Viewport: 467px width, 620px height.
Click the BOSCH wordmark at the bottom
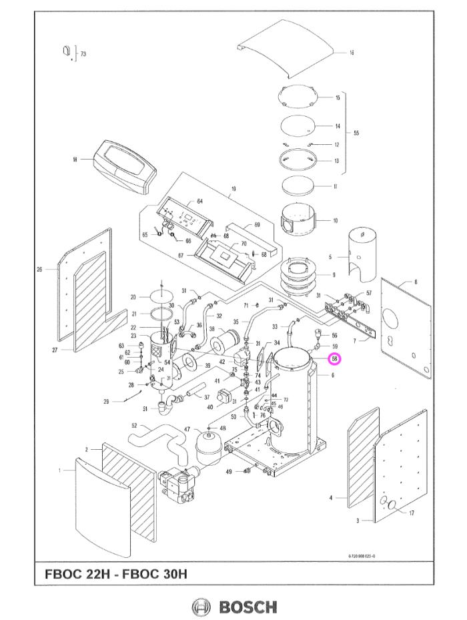click(x=248, y=607)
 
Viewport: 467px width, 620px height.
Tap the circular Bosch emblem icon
click(x=200, y=607)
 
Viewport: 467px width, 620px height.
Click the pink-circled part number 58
click(x=336, y=359)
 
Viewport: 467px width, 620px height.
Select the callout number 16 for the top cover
click(x=352, y=52)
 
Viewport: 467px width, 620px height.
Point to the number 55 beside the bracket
click(x=356, y=133)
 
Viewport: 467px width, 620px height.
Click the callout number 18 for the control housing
click(x=75, y=160)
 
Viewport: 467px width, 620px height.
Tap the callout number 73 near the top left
click(x=83, y=53)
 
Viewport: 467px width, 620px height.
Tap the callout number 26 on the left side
click(x=39, y=269)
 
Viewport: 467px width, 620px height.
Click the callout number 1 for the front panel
click(x=59, y=471)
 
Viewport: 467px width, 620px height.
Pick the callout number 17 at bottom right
click(x=412, y=513)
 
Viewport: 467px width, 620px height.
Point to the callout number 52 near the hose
click(x=134, y=425)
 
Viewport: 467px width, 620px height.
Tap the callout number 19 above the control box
click(x=233, y=189)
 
